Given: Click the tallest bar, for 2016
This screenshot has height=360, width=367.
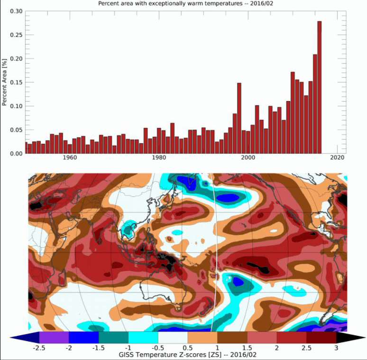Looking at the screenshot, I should [320, 88].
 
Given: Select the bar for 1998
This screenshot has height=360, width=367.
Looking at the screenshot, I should [239, 119].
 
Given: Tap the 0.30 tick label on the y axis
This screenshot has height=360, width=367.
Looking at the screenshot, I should [16, 11].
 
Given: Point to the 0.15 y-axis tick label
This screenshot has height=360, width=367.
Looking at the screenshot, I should [16, 83].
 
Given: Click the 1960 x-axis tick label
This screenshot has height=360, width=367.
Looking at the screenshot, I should [69, 158].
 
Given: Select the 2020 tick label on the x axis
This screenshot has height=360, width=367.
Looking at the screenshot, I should [337, 158].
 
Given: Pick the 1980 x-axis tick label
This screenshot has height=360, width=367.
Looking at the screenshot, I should [158, 158].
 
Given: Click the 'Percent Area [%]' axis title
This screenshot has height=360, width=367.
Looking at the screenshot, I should [4, 82].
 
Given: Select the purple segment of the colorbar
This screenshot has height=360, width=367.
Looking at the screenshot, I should [54, 337].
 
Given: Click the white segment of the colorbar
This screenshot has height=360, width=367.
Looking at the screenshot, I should [173, 337].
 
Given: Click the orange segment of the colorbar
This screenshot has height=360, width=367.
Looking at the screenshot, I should [203, 337].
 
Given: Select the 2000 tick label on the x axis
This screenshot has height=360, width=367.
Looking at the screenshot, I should [248, 158].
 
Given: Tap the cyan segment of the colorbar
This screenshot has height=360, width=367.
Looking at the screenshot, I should [143, 337].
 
